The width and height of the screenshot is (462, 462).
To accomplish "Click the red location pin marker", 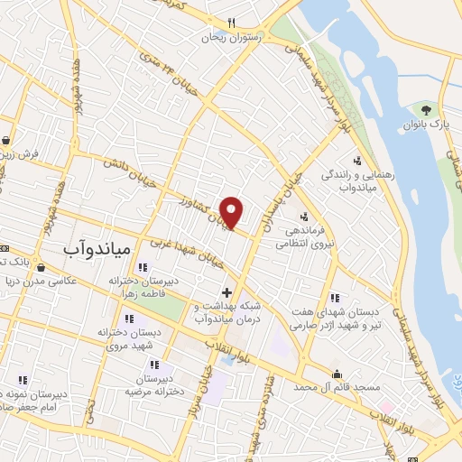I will pos(232,212).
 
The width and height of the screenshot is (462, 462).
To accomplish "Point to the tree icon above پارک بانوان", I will pos(426,109).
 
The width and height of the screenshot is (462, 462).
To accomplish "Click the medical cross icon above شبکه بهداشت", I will pos(226,292).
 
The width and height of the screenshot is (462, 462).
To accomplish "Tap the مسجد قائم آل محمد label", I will pos(338,387).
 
